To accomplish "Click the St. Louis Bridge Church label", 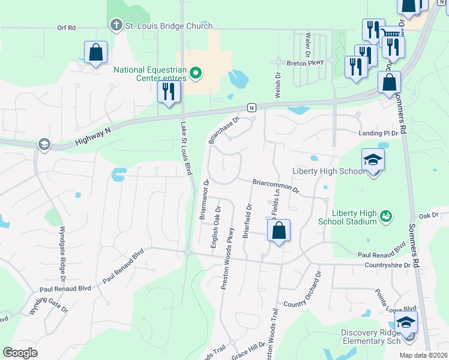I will [169, 26].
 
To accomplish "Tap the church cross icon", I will [116, 26].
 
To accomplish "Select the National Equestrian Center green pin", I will [195, 74].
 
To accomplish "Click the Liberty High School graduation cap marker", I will [373, 160].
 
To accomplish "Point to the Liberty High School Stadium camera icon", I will [387, 215].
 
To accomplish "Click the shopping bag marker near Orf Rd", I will [96, 52].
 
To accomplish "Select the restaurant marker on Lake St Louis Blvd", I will [168, 92].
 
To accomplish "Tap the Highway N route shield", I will [252, 107].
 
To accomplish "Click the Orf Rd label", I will [66, 28].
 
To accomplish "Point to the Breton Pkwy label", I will [305, 62].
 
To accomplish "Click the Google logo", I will [20, 353].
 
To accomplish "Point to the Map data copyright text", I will [423, 355].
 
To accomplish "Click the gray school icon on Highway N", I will [43, 144].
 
